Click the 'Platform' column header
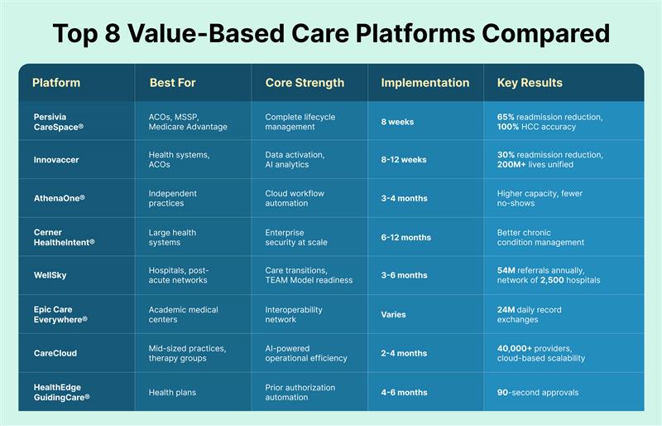click(56, 83)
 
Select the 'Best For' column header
click(172, 83)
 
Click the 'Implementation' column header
click(425, 83)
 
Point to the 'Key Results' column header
click(530, 83)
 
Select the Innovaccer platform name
click(56, 159)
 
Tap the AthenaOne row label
click(59, 198)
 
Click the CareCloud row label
click(55, 353)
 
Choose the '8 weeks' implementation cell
click(397, 122)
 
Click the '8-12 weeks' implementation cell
click(404, 159)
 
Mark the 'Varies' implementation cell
click(393, 315)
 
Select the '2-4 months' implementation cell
click(404, 353)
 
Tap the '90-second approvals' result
click(537, 392)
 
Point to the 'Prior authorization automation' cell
click(301, 392)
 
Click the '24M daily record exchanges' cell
click(530, 315)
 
